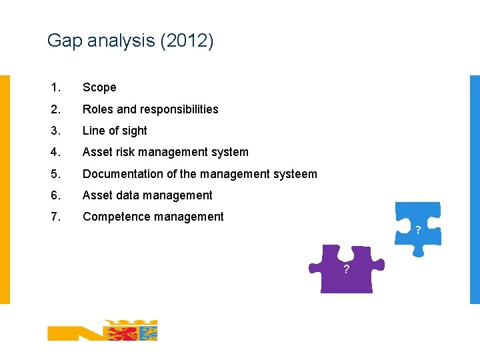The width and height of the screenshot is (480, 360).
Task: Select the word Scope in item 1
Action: click(x=99, y=87)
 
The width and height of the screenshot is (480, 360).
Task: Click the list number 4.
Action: click(x=55, y=152)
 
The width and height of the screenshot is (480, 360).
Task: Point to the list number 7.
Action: click(x=55, y=217)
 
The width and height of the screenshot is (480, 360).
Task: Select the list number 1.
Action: click(x=55, y=87)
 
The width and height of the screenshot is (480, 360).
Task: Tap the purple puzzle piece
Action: click(x=347, y=270)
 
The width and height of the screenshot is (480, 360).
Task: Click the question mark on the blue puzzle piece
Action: click(x=418, y=231)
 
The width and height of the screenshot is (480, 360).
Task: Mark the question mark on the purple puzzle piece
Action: click(x=346, y=269)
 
